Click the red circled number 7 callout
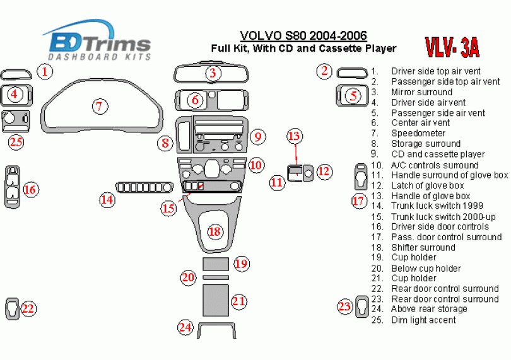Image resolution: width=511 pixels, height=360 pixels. [x=98, y=106]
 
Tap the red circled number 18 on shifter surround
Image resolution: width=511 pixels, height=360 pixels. [x=215, y=231]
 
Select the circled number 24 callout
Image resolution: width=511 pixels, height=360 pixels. [x=184, y=327]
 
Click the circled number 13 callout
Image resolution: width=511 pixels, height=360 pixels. [x=295, y=136]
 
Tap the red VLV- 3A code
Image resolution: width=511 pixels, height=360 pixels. [x=451, y=47]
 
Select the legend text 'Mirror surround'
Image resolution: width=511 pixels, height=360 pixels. [x=421, y=92]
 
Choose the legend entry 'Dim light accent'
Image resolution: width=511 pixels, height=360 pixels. [x=423, y=320]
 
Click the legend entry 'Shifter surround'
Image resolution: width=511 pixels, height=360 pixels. [x=423, y=247]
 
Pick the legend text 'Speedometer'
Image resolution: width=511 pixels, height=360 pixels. [x=418, y=133]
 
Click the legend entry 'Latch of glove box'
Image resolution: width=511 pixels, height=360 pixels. [x=427, y=185]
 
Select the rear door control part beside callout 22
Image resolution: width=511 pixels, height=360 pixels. [x=12, y=308]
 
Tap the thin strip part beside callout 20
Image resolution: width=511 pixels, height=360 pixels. [x=215, y=277]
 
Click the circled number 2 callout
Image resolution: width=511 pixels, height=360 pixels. [x=324, y=71]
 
